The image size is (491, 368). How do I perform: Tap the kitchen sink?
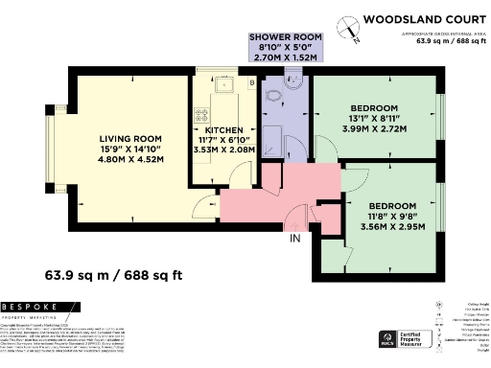click(x=227, y=87)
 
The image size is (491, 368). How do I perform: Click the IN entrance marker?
click(x=295, y=237)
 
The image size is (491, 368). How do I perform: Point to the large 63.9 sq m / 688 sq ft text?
click(x=119, y=277)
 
